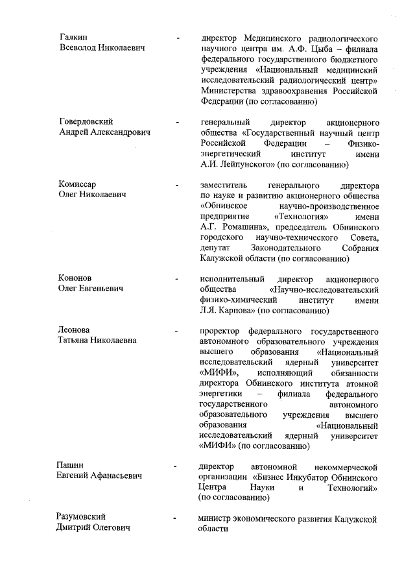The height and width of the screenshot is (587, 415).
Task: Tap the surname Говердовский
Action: tap(86, 122)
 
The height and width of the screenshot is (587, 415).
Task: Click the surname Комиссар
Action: tap(77, 184)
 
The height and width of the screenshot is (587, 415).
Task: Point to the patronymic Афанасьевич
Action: tap(119, 476)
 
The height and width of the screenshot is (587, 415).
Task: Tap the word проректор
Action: tap(222, 329)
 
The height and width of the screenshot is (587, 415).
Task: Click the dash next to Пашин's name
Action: tap(176, 466)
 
